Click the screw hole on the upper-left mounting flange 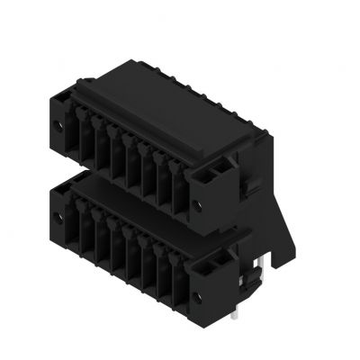(x=64, y=122)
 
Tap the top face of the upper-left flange (x=65, y=102)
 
